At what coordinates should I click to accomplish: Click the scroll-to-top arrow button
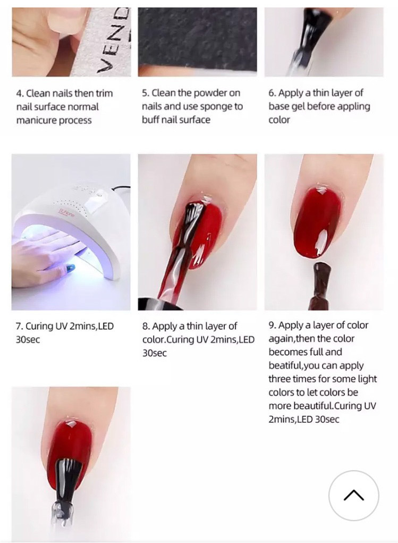[x=354, y=496]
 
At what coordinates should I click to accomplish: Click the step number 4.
[x=19, y=94]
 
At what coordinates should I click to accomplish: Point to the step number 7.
[x=19, y=326]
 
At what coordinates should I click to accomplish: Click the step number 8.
[x=146, y=326]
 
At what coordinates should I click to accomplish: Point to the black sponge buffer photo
[x=198, y=41]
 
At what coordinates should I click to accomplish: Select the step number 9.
[x=273, y=325]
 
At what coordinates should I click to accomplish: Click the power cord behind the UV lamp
[x=121, y=188]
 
